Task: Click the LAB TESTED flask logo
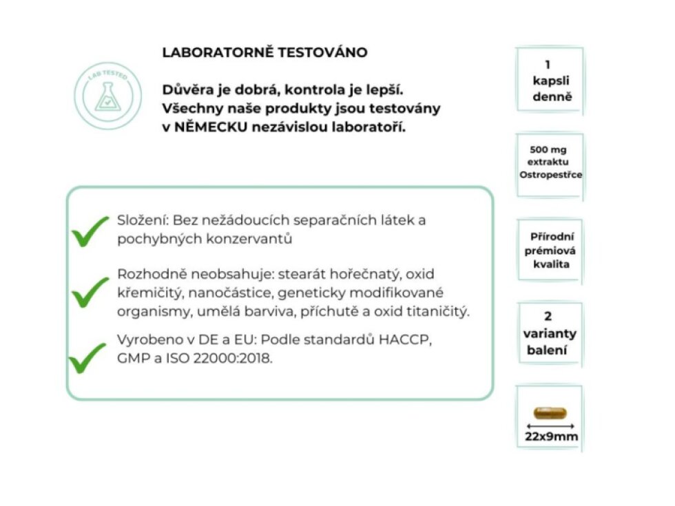pos(107,96)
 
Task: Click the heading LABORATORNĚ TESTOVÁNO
pos(264,52)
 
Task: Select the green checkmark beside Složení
pos(90,231)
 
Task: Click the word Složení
pos(143,220)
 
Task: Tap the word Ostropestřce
pos(550,174)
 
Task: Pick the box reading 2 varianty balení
pos(549,333)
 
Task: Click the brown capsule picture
pos(550,413)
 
